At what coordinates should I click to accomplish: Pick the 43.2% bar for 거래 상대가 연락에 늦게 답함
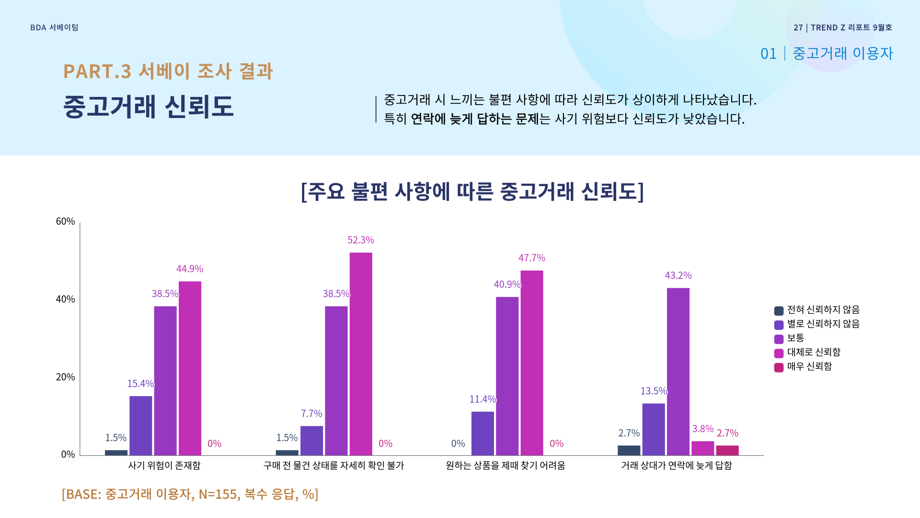678,372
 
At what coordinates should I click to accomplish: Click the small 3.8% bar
702,448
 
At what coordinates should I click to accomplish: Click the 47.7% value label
531,258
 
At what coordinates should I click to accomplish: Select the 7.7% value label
311,413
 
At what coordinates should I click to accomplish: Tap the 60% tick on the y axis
66,221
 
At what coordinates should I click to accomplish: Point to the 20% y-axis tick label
66,377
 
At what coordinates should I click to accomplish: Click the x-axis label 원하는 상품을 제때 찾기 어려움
505,465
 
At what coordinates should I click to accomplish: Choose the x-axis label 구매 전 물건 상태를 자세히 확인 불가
333,465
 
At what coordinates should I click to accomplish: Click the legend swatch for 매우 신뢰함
779,367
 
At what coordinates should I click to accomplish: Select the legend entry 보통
795,338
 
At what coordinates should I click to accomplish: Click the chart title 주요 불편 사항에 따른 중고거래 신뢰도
472,191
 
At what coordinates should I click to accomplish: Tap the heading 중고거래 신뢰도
148,106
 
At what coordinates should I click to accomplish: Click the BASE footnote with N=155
190,494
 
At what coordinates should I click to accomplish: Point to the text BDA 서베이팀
54,28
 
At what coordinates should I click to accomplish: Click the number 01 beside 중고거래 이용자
768,54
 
